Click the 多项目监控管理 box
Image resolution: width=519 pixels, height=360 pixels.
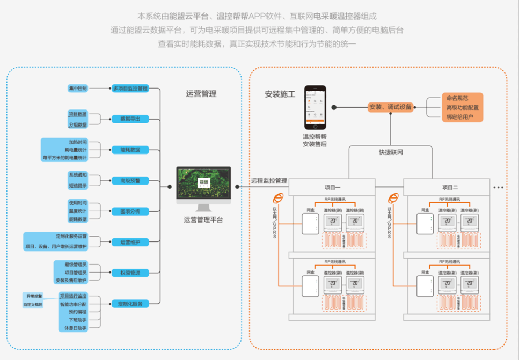point(129,88)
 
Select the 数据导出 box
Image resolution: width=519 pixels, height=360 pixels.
point(129,119)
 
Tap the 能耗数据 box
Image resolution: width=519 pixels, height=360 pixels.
point(129,150)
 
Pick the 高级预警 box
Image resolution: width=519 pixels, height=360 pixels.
point(129,181)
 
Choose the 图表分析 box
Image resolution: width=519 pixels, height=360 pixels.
point(129,211)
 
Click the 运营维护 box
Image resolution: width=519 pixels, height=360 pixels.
point(129,242)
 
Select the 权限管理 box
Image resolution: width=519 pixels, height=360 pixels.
point(129,273)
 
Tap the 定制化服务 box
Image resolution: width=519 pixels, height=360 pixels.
point(129,304)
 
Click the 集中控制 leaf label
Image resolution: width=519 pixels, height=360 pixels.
point(77,88)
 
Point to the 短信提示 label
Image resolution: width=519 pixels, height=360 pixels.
point(77,185)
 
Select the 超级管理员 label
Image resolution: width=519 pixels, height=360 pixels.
point(75,265)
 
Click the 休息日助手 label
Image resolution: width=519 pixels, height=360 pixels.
point(72,327)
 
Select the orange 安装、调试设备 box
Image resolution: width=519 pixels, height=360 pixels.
point(391,107)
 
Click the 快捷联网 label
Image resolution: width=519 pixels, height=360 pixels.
point(391,152)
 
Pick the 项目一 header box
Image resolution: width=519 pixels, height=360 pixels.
point(333,187)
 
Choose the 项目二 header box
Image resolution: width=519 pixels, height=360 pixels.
point(448,187)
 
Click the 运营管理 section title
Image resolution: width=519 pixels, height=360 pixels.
point(201,94)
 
